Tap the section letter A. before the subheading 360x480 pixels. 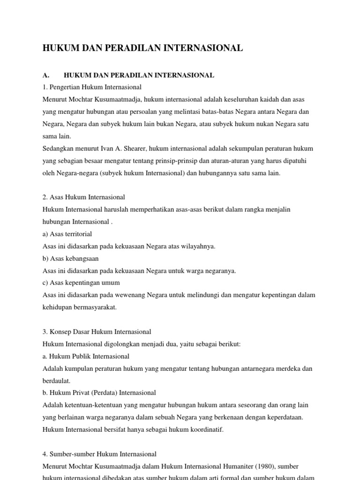46,75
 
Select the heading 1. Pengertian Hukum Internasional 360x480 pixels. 92,87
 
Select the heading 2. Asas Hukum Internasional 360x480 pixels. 84,197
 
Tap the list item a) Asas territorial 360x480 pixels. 67,233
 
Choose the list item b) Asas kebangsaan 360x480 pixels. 70,258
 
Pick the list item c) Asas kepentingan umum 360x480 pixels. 81,283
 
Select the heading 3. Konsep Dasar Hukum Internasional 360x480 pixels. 97,331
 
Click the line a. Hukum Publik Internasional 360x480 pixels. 86,356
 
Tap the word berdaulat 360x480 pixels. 56,381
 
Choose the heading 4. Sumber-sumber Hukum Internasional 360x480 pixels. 99,454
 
